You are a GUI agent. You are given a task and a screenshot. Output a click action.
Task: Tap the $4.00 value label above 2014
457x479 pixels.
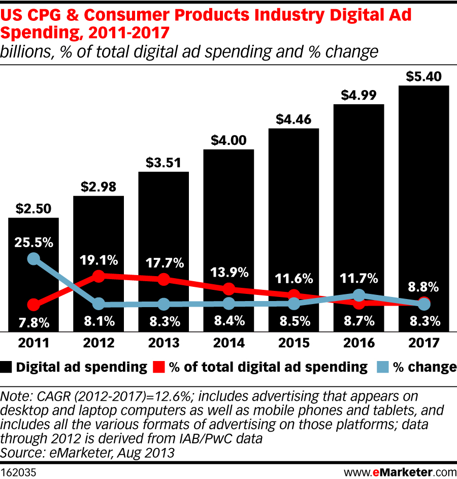coord(228,140)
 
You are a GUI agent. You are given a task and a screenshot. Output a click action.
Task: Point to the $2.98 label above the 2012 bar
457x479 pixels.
coord(99,187)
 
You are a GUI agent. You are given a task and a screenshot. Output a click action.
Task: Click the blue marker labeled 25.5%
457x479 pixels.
coord(34,259)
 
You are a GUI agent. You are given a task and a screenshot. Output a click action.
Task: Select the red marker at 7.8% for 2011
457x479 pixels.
coord(34,305)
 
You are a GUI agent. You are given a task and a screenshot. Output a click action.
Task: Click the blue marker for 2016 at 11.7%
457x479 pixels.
coord(359,295)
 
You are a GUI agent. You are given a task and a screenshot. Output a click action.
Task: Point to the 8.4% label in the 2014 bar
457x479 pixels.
coord(228,321)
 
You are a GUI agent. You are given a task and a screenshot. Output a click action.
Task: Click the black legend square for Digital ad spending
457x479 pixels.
coord(7,367)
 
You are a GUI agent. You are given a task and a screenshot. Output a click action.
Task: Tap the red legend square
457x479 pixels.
coord(159,367)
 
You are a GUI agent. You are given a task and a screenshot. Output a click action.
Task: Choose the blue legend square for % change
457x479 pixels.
coord(382,367)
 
